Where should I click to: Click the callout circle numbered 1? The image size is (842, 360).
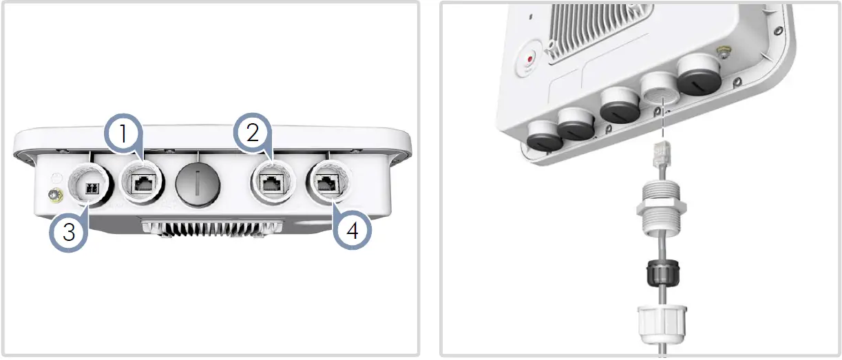pyautogui.click(x=123, y=133)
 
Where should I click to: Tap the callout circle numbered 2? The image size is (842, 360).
pyautogui.click(x=253, y=132)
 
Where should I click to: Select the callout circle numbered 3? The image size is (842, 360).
pyautogui.click(x=68, y=232)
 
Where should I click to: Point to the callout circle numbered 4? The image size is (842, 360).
pyautogui.click(x=352, y=230)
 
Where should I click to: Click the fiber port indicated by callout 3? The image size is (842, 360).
pyautogui.click(x=91, y=184)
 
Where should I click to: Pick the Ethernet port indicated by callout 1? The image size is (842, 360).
pyautogui.click(x=143, y=184)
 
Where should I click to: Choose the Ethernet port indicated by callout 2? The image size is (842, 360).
pyautogui.click(x=272, y=183)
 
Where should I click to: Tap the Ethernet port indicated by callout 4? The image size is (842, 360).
pyautogui.click(x=328, y=182)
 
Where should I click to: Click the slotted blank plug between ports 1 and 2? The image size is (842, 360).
pyautogui.click(x=198, y=185)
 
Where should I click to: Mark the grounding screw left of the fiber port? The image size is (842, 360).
pyautogui.click(x=55, y=195)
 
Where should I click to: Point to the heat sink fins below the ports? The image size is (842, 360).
pyautogui.click(x=212, y=229)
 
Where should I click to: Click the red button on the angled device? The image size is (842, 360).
pyautogui.click(x=530, y=59)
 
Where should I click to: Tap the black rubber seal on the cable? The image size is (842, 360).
pyautogui.click(x=663, y=273)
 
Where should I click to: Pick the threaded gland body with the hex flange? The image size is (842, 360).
pyautogui.click(x=662, y=208)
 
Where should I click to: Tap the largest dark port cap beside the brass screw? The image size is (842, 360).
pyautogui.click(x=699, y=75)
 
